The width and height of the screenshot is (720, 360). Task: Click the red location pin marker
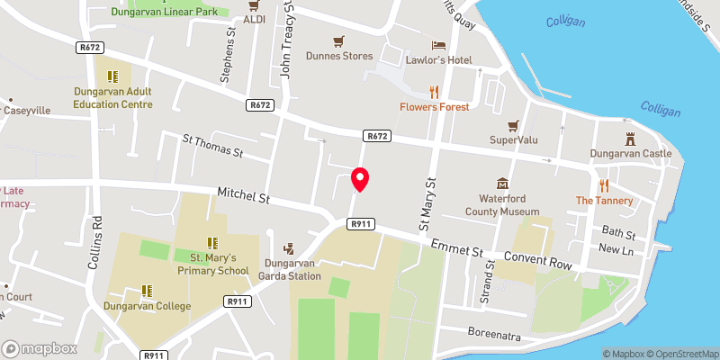click(360, 180)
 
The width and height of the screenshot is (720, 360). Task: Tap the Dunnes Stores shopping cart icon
click(338, 40)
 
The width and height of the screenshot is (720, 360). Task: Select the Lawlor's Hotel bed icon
click(438, 44)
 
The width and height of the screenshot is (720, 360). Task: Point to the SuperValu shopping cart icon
click(514, 125)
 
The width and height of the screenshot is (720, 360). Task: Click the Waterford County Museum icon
click(502, 183)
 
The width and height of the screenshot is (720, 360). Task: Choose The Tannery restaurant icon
click(605, 185)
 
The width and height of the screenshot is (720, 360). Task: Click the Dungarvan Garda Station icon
click(290, 248)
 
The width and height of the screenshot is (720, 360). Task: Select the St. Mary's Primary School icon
click(212, 242)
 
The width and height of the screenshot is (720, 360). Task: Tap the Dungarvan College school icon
click(147, 291)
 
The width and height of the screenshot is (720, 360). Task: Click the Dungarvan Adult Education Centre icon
click(113, 76)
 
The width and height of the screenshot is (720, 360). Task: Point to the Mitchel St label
click(244, 194)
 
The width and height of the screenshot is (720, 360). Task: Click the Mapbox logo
click(40, 348)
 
